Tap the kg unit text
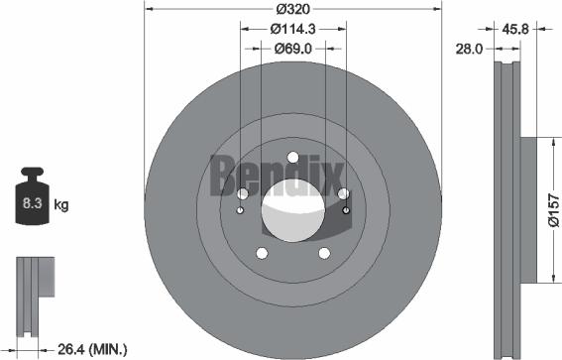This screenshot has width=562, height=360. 61,205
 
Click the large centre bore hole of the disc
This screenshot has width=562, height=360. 292,210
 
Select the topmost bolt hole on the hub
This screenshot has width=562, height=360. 292,156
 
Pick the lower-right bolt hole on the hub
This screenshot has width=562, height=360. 325,253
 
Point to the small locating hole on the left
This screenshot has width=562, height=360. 241,209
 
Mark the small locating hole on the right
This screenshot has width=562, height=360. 345,209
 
